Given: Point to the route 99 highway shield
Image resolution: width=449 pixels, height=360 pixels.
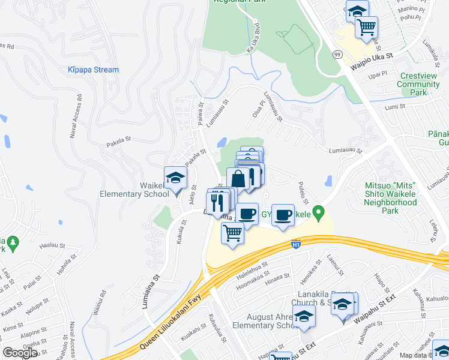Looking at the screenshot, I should (x=337, y=54).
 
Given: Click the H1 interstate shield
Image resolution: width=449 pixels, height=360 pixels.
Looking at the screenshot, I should (x=295, y=244).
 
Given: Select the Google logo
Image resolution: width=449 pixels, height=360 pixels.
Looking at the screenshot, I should (x=20, y=353).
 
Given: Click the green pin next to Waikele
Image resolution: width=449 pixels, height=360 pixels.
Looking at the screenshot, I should (x=320, y=212).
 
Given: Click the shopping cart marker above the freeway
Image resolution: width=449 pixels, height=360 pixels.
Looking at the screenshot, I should (x=232, y=232).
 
